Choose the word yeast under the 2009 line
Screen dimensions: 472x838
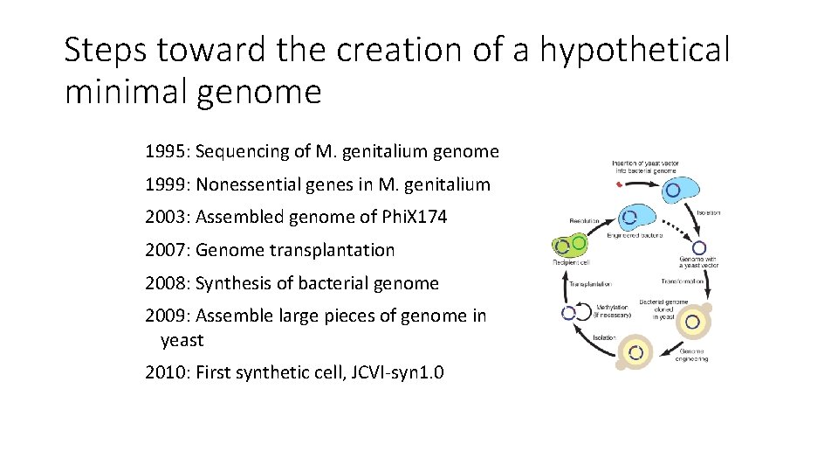coord(182,340)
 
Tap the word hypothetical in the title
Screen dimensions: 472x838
coord(635,50)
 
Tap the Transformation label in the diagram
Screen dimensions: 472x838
coord(683,282)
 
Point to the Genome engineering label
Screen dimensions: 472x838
coord(695,355)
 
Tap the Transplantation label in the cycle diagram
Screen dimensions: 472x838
coord(591,285)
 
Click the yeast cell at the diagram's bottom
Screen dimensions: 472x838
coord(635,352)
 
